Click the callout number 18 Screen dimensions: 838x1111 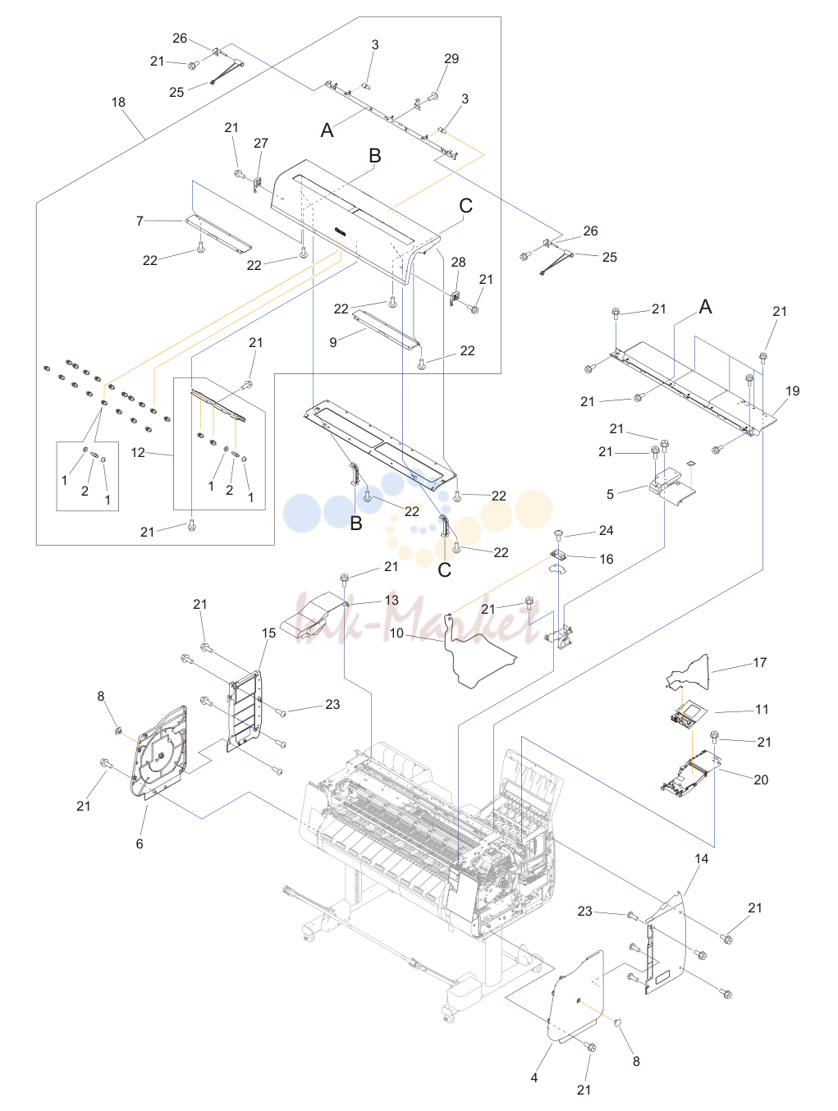tap(118, 103)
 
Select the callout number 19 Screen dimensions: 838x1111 tap(792, 391)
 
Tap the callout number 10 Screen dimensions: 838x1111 tap(396, 633)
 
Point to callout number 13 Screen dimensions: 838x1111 tap(392, 600)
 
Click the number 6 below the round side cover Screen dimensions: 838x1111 tap(140, 844)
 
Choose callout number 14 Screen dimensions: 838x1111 tap(701, 858)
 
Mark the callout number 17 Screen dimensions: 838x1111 tap(760, 662)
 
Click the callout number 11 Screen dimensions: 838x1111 tap(762, 710)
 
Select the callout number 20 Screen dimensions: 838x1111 tap(761, 780)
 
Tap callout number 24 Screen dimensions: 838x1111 tap(606, 530)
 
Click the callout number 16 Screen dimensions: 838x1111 tap(607, 560)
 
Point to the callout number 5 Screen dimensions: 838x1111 tap(610, 495)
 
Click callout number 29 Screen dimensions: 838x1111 tap(451, 59)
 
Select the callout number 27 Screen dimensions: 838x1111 tap(261, 144)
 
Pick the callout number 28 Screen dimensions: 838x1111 tap(458, 263)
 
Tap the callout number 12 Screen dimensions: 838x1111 tap(138, 452)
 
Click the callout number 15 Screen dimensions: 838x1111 tap(269, 633)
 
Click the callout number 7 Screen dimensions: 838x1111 tap(140, 222)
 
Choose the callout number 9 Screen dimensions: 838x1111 tap(332, 343)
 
